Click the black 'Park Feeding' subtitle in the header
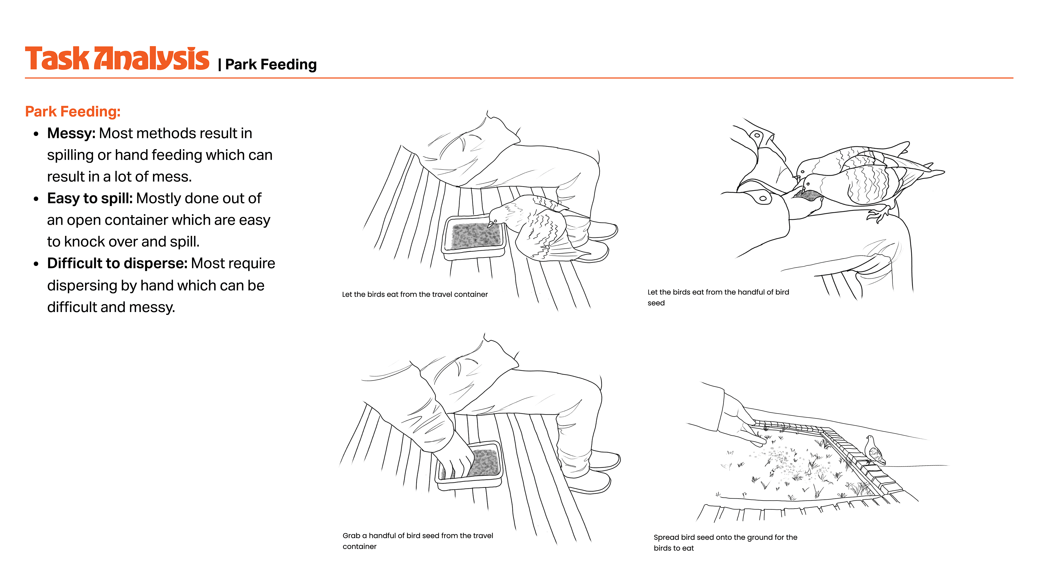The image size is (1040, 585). pos(271,65)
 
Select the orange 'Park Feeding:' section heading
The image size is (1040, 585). pos(73,111)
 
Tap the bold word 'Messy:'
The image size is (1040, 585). pos(71,133)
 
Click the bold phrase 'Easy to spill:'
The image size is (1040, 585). pos(90,198)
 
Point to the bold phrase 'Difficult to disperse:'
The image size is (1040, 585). pos(117,263)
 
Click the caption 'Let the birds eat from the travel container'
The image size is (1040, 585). pos(415,294)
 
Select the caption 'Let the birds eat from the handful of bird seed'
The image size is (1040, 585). pos(718,297)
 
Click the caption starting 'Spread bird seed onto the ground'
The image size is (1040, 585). pos(725,542)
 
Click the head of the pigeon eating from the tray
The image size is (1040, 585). pos(497,218)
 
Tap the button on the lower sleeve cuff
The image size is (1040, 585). pos(763,199)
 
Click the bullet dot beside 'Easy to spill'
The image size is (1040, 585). pos(36,199)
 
